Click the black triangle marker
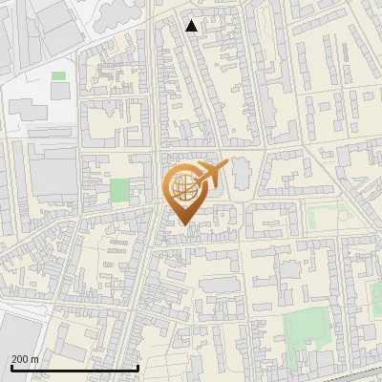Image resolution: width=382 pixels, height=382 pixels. tap(192, 26)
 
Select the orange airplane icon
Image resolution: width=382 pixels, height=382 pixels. tap(210, 174)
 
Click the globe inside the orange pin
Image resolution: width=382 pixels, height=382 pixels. tap(183, 186)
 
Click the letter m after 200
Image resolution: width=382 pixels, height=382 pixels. tap(35, 358)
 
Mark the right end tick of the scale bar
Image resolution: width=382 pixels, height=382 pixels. tap(139, 367)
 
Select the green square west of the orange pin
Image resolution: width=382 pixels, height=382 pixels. tap(118, 189)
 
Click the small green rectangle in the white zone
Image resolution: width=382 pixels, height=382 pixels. tap(58, 75)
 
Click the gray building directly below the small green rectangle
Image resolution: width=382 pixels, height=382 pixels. tap(59, 90)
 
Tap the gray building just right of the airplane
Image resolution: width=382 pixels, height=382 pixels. tap(241, 172)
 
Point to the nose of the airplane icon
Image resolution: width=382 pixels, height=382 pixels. tap(227, 164)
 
